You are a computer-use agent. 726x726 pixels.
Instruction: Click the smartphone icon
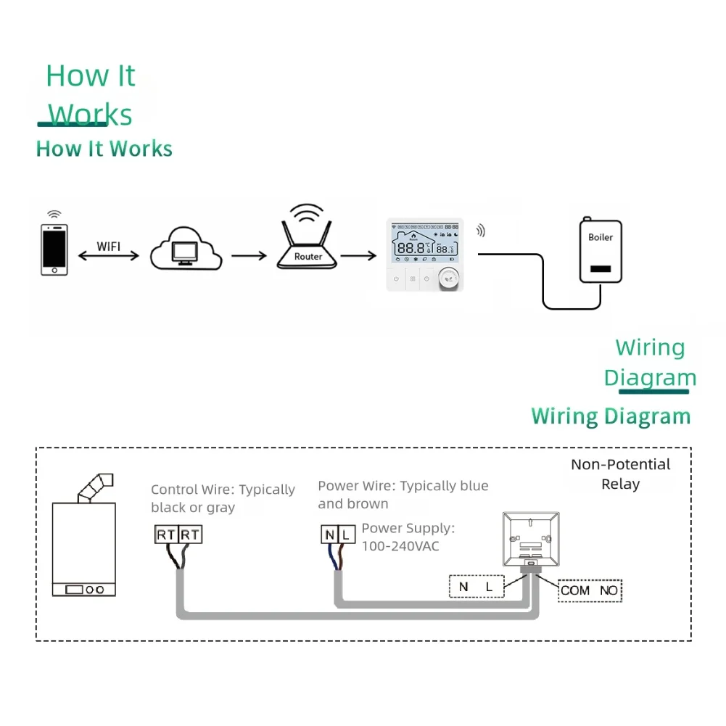pos(54,249)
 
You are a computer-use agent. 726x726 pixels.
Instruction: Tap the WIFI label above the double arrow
pos(108,246)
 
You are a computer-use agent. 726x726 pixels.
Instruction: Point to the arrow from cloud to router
pos(248,255)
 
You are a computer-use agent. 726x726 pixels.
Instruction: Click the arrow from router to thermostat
pos(358,255)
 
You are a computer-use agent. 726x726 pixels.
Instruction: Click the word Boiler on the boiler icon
pos(600,237)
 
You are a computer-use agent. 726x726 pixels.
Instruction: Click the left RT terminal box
pos(166,535)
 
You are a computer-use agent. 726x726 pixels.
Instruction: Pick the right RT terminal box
pos(190,535)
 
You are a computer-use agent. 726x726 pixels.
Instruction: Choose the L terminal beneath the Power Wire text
pos(347,535)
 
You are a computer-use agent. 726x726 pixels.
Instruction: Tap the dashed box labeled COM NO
pos(590,590)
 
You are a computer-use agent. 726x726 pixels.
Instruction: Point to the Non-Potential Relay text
pos(620,474)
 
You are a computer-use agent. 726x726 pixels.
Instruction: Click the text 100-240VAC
pos(400,546)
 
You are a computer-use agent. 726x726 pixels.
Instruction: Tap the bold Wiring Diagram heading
pos(611,416)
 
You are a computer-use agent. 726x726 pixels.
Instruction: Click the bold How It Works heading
pos(104,149)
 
